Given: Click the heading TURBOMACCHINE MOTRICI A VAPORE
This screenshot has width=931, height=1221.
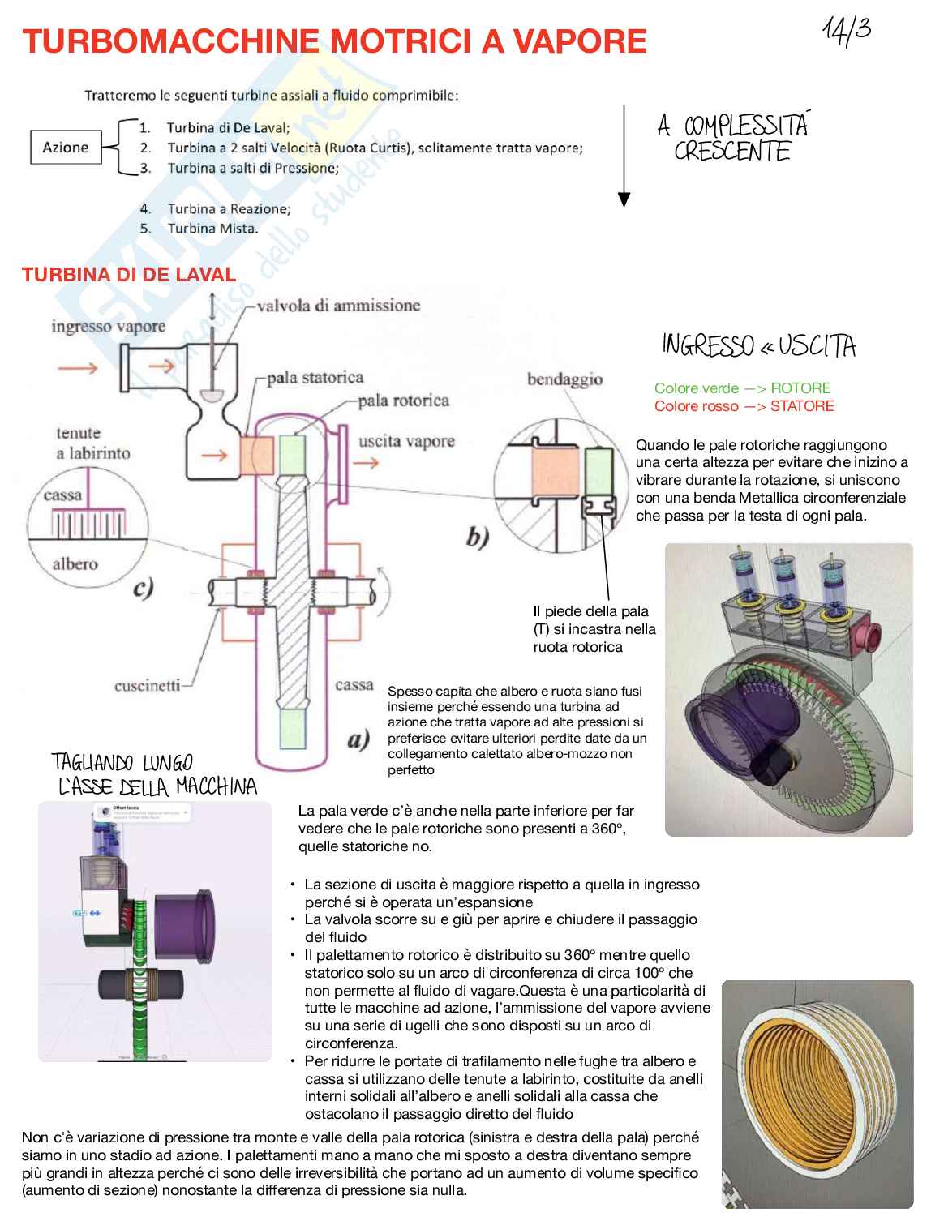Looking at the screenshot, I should [334, 41].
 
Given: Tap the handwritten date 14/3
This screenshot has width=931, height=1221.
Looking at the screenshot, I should [847, 32].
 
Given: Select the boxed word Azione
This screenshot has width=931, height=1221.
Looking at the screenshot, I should [66, 148].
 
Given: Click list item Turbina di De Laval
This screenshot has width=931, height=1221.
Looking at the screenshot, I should [227, 127].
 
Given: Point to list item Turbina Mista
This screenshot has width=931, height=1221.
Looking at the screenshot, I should [212, 229].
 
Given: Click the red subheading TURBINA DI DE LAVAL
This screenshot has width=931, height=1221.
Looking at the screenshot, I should [129, 274].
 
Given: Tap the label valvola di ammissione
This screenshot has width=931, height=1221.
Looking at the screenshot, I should [338, 306].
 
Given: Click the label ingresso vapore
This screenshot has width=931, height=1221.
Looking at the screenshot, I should [108, 326].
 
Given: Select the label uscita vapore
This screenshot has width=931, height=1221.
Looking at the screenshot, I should [406, 441].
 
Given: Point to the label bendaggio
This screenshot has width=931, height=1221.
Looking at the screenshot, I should [564, 379].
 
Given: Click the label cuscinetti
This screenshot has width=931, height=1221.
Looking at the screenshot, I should [147, 686].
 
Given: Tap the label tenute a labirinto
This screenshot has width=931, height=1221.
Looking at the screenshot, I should [92, 443].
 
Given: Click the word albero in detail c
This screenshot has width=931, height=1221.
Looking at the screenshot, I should [75, 563].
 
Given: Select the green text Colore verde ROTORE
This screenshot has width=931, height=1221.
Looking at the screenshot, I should [742, 388].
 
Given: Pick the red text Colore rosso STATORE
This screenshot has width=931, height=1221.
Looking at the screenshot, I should [744, 406].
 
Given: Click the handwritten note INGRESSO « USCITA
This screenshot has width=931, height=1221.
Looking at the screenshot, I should [758, 347].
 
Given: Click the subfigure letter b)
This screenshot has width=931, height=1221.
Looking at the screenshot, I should [478, 538].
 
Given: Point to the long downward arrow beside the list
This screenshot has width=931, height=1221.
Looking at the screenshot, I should [624, 155].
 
